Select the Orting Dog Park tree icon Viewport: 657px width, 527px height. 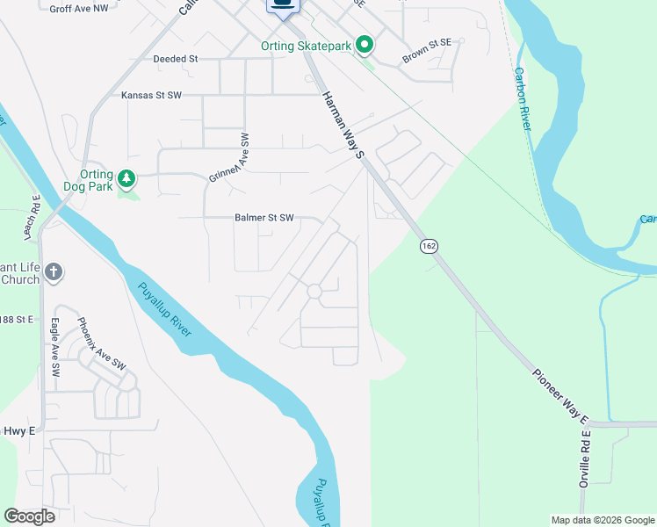(x=127, y=179)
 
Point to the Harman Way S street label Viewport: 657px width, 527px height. (x=343, y=125)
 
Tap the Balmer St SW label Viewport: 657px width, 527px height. (x=264, y=218)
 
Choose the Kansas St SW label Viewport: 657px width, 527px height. (x=150, y=95)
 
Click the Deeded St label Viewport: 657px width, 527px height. (x=177, y=59)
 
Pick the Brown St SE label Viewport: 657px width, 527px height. (x=426, y=51)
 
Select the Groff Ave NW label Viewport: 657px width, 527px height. (x=80, y=9)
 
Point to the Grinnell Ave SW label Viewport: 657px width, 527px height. (x=230, y=158)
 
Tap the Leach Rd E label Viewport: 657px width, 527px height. (x=36, y=215)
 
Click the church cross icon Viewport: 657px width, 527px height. (x=54, y=271)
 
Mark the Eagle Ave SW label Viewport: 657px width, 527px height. (x=54, y=348)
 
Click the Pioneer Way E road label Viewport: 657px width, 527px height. (x=560, y=393)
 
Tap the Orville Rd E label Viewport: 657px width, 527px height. (x=583, y=460)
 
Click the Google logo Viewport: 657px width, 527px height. (x=29, y=516)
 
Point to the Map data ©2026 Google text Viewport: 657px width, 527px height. (x=602, y=520)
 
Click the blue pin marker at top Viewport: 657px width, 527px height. (x=283, y=7)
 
